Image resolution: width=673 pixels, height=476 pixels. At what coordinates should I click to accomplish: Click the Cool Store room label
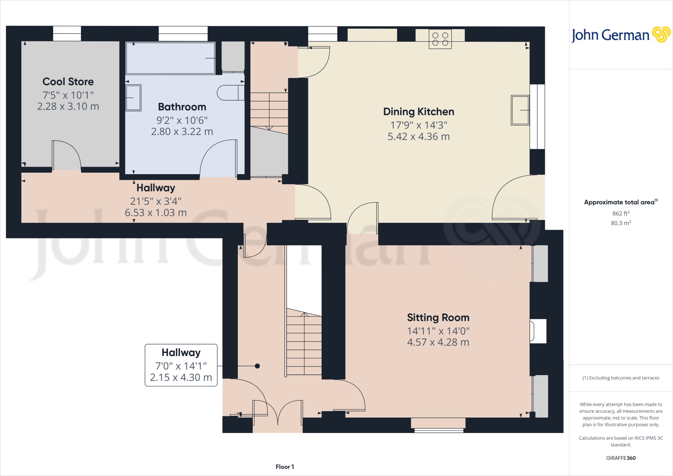tap(68, 82)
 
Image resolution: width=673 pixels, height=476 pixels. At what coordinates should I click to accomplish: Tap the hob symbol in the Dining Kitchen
tap(440, 39)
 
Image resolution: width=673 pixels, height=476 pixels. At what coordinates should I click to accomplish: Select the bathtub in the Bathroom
tap(170, 58)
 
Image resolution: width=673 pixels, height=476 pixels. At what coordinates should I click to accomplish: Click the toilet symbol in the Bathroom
tap(230, 93)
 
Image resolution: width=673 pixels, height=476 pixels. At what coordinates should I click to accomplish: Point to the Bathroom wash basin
tap(133, 98)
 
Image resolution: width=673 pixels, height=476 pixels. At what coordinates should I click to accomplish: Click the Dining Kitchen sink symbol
tap(520, 110)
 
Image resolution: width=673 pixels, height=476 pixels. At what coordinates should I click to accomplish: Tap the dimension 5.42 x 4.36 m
tap(418, 136)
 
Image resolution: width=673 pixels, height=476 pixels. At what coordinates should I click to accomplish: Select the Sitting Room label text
tap(438, 318)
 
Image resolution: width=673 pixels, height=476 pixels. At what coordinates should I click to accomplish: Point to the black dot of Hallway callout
tap(257, 366)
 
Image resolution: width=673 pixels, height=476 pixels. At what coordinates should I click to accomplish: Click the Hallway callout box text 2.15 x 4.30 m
tap(181, 377)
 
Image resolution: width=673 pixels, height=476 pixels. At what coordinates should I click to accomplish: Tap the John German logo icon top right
tap(661, 35)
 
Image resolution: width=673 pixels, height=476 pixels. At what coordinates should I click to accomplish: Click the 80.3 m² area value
tap(620, 223)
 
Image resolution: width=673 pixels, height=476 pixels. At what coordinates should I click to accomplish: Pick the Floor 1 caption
tap(285, 467)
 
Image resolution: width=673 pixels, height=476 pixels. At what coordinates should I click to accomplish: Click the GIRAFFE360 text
tap(620, 458)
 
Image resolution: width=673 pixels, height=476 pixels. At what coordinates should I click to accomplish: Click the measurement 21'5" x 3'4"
tap(155, 201)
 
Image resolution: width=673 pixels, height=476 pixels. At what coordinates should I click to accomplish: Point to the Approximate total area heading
tap(620, 202)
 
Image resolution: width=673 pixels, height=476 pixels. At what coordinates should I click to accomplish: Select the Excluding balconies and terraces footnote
tap(620, 378)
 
